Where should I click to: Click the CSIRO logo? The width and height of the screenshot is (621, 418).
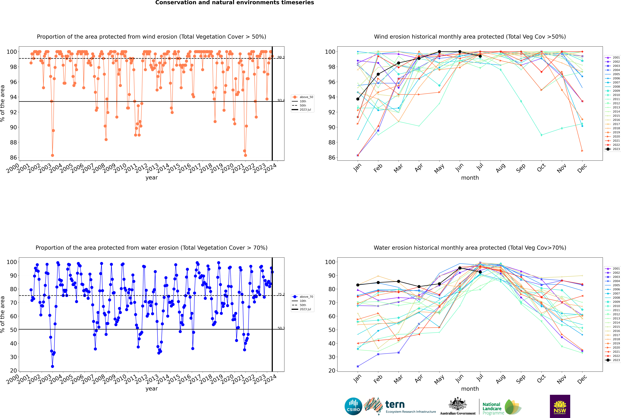pyautogui.click(x=353, y=406)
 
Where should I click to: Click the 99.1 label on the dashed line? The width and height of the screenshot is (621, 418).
pyautogui.click(x=281, y=57)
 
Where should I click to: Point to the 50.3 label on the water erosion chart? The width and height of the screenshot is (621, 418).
pyautogui.click(x=281, y=328)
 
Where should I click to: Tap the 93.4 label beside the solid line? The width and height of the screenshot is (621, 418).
pyautogui.click(x=281, y=100)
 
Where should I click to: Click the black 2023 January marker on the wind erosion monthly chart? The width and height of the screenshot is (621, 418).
pyautogui.click(x=358, y=99)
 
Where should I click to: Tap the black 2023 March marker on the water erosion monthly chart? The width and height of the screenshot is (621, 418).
pyautogui.click(x=399, y=281)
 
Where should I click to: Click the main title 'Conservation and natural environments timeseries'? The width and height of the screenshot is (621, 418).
pyautogui.click(x=234, y=3)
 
